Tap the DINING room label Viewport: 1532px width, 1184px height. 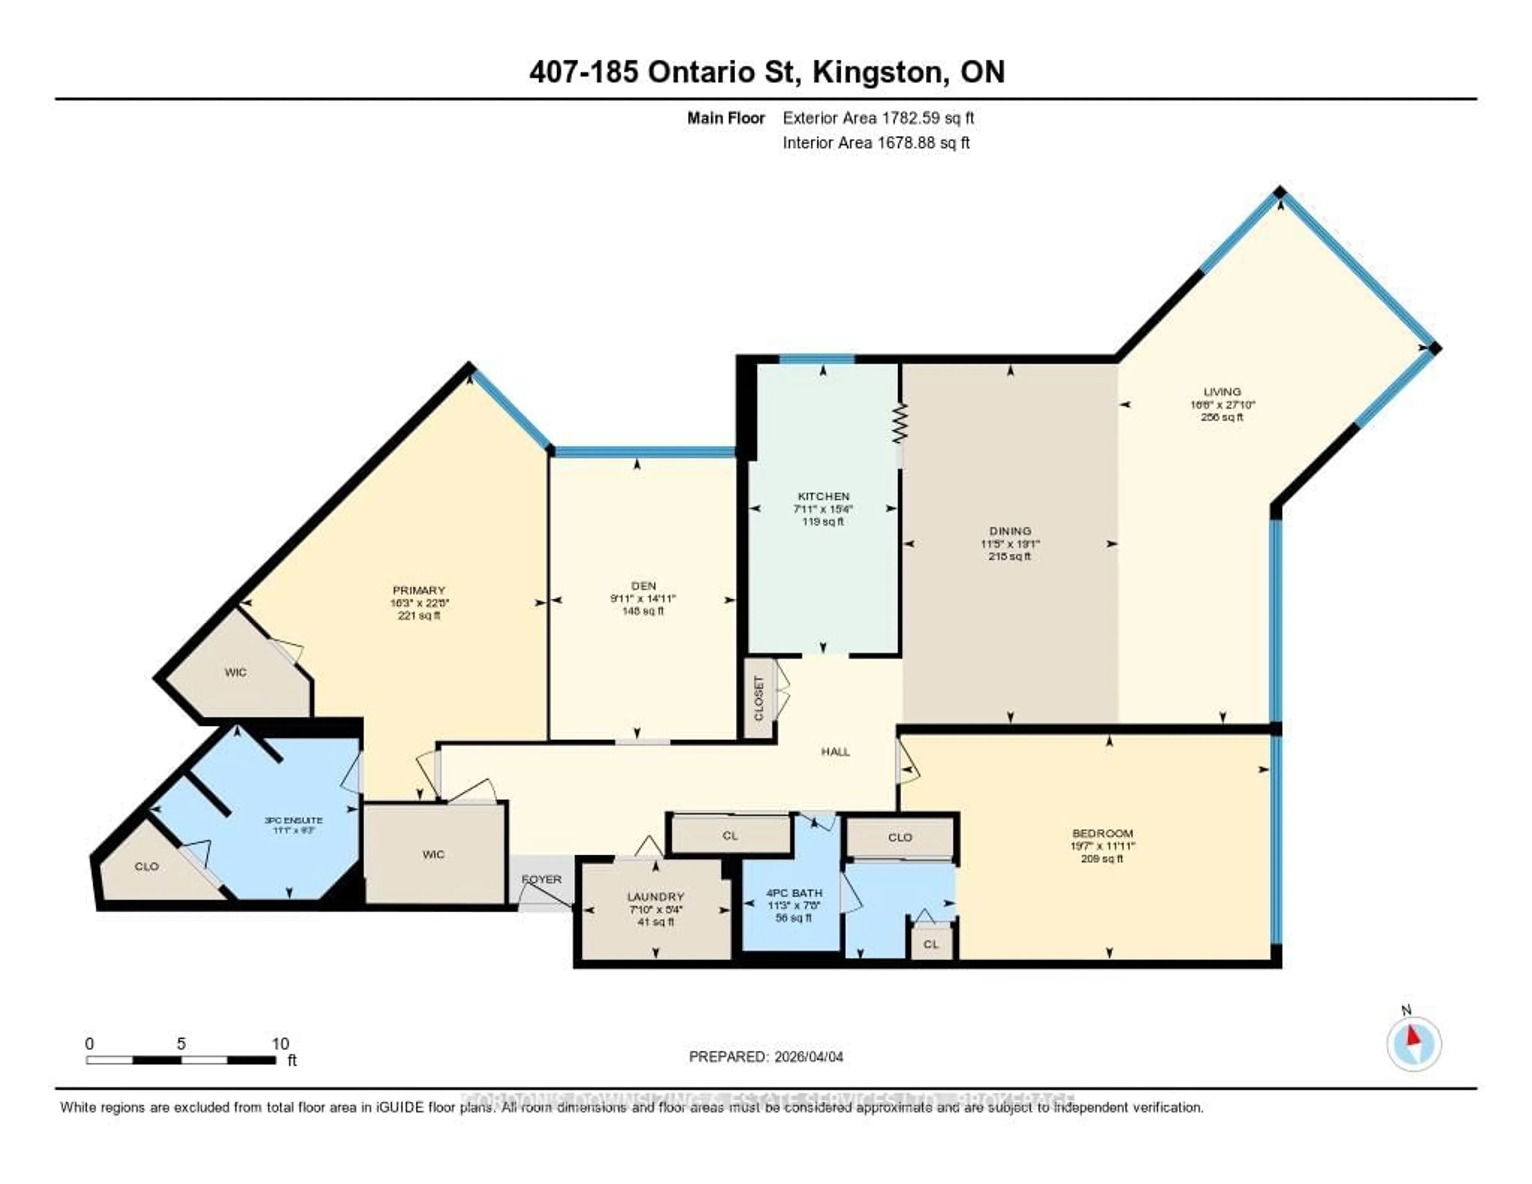click(1010, 531)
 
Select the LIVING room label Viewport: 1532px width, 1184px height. click(1222, 392)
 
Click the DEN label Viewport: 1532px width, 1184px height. click(643, 585)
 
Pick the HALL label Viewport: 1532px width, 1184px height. click(835, 752)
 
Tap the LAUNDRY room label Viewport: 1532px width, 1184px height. click(655, 896)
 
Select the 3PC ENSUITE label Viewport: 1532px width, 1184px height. click(293, 820)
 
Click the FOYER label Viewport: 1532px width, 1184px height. click(541, 879)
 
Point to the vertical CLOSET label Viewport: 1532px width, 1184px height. click(758, 698)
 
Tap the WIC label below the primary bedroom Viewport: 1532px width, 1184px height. click(434, 854)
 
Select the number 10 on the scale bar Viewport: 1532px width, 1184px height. click(280, 1043)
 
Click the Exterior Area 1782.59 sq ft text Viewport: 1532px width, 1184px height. click(878, 118)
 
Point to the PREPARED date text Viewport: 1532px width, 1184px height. click(766, 1056)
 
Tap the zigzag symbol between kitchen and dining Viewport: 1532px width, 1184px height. click(900, 423)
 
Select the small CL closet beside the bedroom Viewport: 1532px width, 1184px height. click(931, 944)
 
